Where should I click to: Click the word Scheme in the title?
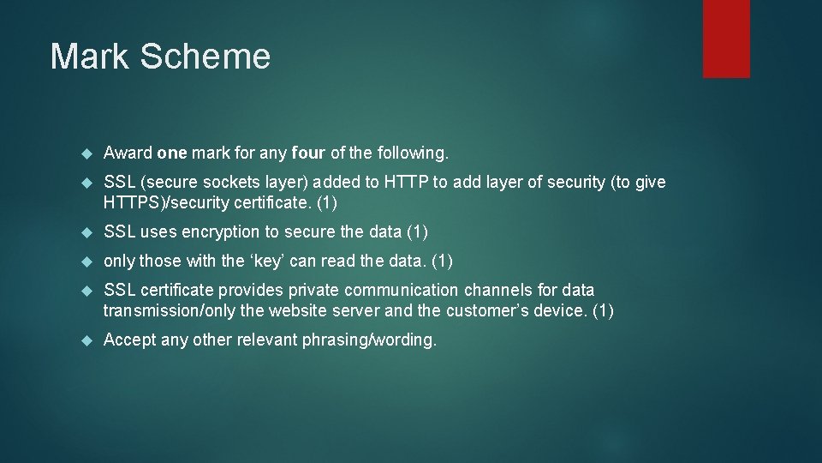click(205, 57)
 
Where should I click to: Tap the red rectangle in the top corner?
click(726, 39)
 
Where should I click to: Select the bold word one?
click(172, 153)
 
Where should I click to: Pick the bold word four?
click(308, 153)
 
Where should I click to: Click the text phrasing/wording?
click(368, 340)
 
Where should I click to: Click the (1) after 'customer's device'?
click(603, 310)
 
